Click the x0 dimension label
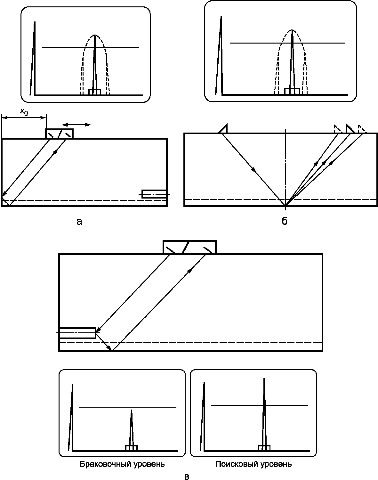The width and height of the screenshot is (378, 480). coord(24,111)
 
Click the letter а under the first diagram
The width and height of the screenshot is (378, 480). coord(79,222)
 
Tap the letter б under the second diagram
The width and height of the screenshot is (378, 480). coord(285,221)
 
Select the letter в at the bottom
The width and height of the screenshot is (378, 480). coord(187,476)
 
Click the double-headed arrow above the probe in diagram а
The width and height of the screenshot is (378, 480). coord(76,125)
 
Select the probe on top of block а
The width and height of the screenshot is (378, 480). coord(59,134)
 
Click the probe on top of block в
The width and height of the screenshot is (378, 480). coord(189,247)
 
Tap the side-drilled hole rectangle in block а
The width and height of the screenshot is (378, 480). coord(154,194)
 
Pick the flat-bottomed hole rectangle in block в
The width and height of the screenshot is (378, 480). coord(77,333)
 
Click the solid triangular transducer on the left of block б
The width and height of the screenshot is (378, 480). coord(223,129)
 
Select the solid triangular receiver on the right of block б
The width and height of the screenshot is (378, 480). coord(350,129)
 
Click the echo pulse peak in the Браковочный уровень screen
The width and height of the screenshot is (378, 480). coord(132,410)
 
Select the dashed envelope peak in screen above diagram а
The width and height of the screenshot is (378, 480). coord(95,35)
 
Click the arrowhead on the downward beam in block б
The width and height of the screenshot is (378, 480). coord(253,170)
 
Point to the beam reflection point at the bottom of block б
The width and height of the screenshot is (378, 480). coord(286,206)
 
